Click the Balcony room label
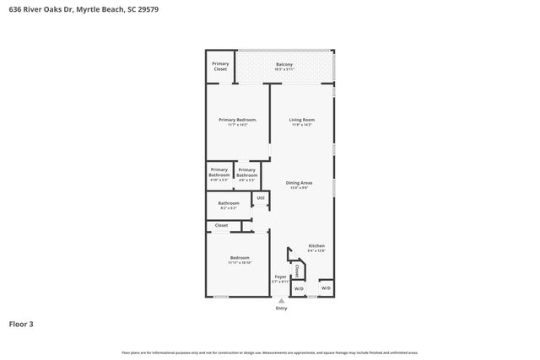284,67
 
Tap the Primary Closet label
220,67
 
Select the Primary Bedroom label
237,122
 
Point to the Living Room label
302,122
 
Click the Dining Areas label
300,185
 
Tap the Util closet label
261,198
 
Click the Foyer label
281,278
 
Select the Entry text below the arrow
281,309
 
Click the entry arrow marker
281,300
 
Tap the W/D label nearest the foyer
299,288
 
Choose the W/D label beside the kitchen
326,288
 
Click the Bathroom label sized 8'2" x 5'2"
229,205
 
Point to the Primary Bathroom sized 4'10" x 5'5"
219,174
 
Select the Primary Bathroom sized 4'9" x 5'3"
247,174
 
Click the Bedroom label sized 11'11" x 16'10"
240,261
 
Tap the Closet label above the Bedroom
221,226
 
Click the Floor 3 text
21,324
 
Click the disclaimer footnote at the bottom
270,352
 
